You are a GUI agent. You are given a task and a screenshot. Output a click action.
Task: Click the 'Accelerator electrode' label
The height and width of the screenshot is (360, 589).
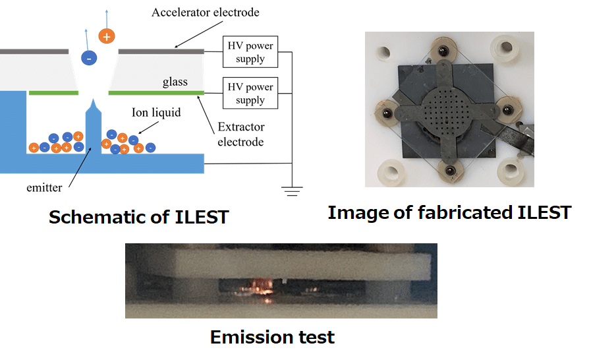point(206,13)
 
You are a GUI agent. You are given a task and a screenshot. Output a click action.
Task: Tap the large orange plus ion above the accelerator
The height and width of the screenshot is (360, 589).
point(107,36)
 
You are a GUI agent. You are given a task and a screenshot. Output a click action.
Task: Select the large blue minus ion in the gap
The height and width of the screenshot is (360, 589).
point(89,58)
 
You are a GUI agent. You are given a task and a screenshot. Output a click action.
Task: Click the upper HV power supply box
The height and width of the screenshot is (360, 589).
point(250,52)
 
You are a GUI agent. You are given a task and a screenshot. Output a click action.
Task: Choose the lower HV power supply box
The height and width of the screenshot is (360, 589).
point(250,93)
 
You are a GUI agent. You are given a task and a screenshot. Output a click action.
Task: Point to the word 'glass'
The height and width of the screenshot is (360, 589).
point(175,82)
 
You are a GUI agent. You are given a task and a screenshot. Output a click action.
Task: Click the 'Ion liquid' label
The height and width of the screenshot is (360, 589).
point(156,112)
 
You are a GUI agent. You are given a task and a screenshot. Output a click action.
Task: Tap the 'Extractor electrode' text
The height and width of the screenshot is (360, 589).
point(240,134)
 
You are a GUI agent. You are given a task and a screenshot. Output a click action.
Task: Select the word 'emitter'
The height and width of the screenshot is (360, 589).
point(44,187)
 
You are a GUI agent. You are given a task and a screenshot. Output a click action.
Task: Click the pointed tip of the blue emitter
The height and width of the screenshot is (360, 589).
point(94,100)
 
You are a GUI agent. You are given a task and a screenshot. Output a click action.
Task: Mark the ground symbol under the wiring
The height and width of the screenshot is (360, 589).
point(293,191)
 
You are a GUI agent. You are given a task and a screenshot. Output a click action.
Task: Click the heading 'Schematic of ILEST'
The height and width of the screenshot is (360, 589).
point(139,217)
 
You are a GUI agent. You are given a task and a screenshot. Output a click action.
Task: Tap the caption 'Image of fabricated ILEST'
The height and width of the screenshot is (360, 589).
point(449,213)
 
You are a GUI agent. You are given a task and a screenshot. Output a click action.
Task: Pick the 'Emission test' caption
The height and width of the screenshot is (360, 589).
point(272,337)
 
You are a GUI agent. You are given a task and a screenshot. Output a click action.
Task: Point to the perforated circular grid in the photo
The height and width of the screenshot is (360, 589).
point(446,109)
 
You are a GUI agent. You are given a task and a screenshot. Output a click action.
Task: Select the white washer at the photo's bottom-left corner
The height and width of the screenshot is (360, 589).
point(391,173)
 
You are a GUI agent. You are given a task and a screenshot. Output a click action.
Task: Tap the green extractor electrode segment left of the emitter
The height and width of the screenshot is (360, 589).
point(54,93)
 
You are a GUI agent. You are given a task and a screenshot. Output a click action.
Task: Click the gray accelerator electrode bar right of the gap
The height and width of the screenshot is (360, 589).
point(161,51)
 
